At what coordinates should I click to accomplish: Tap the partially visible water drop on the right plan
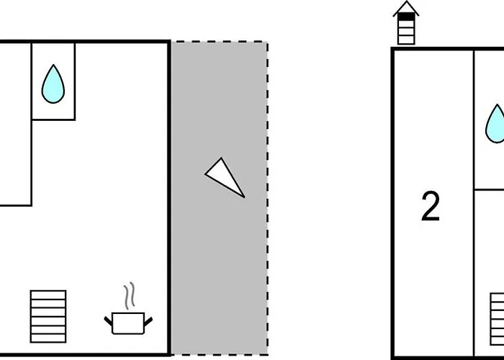coord(495,124)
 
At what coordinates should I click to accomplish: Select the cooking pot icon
coord(128,321)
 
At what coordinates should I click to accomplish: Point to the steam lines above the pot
coord(128,295)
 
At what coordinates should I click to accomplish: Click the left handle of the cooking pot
coord(109,318)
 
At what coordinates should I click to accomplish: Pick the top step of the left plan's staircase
coord(48,294)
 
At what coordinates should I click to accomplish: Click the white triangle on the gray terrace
coord(225,178)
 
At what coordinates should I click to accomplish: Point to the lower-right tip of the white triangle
coord(243,195)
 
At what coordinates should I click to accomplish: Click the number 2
coord(431,207)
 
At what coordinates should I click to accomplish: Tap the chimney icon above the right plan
coord(407,24)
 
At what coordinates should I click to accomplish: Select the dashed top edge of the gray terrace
coord(220,42)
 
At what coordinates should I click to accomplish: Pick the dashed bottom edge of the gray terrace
coord(220,354)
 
